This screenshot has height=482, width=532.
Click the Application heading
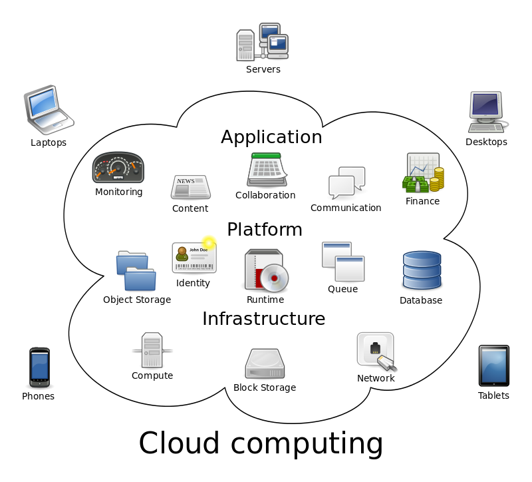pos(271,138)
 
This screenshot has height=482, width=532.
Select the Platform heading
pos(264,230)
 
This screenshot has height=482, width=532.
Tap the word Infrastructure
pos(263,319)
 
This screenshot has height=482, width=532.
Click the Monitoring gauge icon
pos(118,168)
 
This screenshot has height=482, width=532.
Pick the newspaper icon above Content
pos(190,187)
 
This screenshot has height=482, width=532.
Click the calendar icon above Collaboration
pos(267,170)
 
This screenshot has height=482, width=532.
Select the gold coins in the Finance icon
pos(436,180)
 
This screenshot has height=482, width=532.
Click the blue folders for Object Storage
pos(136,271)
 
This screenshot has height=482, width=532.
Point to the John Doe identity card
pos(194,258)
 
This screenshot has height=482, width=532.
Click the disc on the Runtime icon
pos(273,278)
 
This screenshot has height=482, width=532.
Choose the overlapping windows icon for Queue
pos(343,262)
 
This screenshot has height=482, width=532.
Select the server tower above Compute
pos(152,350)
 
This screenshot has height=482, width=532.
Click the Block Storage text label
pos(264,387)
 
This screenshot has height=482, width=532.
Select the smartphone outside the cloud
pos(39,367)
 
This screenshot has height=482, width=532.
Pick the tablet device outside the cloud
pos(493,365)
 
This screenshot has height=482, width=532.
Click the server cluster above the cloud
pos(262,42)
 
